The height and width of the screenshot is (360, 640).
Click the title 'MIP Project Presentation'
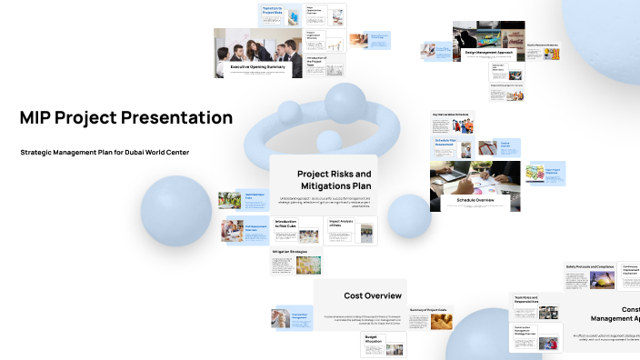tap(125, 118)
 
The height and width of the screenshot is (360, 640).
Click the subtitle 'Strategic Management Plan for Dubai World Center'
tap(105, 152)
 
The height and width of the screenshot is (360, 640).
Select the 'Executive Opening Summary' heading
tap(257, 66)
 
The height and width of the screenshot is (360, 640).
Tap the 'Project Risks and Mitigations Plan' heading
tap(334, 179)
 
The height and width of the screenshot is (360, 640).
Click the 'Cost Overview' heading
tap(373, 295)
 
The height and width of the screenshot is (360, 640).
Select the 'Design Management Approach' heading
tap(489, 53)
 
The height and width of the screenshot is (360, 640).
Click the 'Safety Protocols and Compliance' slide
tap(590, 276)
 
